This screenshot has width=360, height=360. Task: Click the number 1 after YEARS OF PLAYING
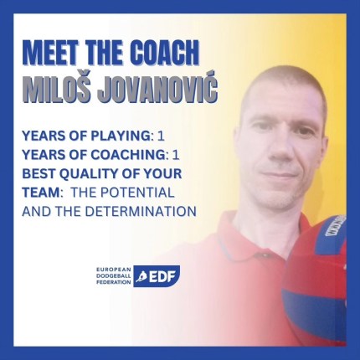point(161,136)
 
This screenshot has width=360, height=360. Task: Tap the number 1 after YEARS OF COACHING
point(176,155)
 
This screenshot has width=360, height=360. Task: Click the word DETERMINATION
point(141,212)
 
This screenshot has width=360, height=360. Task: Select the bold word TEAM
point(41,193)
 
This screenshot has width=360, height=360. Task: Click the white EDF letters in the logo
point(162,277)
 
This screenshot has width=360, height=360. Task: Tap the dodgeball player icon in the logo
point(141,276)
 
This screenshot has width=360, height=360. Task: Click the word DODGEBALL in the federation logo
point(113,276)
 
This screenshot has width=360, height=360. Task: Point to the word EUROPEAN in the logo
point(114,270)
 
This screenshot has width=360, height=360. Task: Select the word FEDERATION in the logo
point(113,282)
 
